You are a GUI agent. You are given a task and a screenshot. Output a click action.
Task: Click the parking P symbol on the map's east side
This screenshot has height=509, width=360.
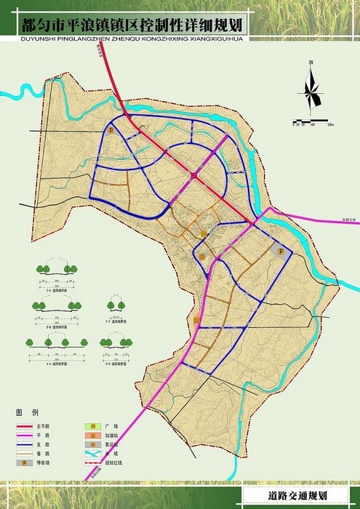tap(281, 250)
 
